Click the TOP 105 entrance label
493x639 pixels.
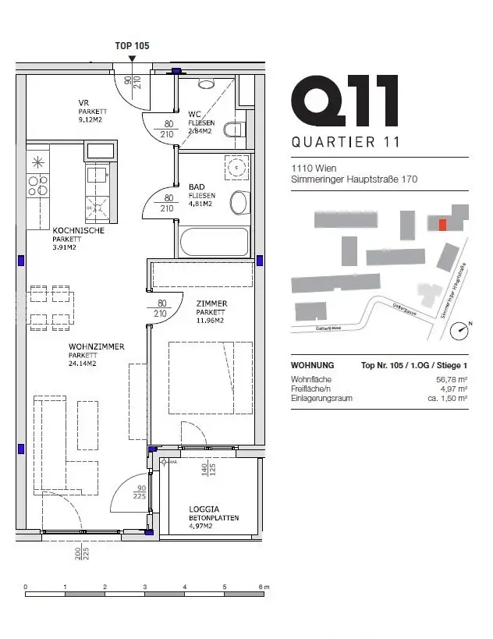pos(132,46)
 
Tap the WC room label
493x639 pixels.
pos(195,114)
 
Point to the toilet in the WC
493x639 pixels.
pos(234,129)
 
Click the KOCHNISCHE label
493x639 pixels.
pos(78,231)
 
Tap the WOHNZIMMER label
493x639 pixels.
pos(96,346)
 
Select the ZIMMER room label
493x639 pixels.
pos(211,304)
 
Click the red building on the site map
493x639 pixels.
pos(442,225)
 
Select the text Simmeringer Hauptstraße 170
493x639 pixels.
pos(354,179)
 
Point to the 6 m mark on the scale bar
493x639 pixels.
pos(266,587)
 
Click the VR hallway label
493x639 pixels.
pos(83,103)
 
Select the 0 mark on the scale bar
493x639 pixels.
pos(26,587)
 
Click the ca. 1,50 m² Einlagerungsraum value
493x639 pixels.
pos(447,398)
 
